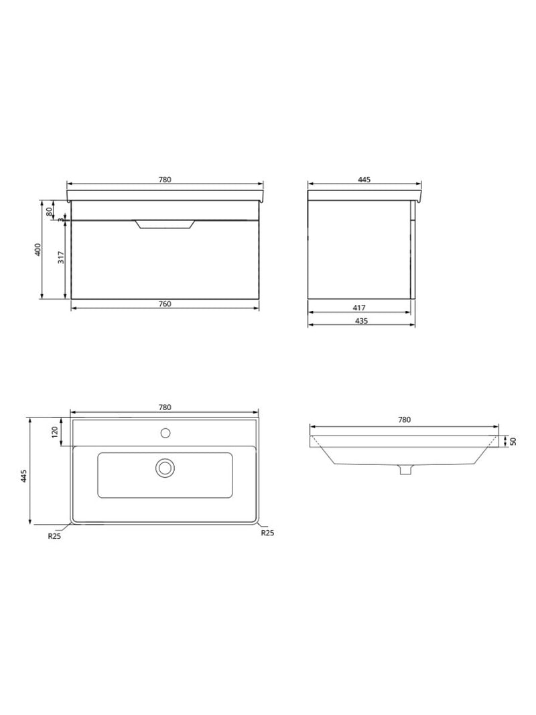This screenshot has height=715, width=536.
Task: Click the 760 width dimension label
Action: (165, 304)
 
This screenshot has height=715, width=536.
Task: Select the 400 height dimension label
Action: (38, 249)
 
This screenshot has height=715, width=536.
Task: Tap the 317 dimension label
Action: (61, 257)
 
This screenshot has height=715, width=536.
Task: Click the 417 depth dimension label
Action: (359, 308)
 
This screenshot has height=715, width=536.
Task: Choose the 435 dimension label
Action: (360, 321)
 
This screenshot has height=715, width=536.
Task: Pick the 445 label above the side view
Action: (364, 180)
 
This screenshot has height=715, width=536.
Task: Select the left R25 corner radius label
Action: (54, 535)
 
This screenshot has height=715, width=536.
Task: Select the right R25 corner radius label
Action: (267, 533)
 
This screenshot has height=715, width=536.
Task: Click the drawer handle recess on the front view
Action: (165, 224)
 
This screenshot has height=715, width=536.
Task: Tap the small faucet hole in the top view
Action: (165, 432)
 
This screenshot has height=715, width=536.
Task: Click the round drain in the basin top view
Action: (165, 467)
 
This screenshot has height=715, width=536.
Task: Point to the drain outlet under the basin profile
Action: (404, 470)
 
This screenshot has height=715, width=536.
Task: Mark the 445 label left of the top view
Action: (23, 476)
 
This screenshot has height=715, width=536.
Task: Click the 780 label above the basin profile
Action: (403, 420)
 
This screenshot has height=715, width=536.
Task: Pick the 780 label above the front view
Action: (165, 180)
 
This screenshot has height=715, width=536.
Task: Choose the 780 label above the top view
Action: (165, 407)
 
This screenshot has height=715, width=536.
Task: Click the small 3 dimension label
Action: (60, 219)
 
